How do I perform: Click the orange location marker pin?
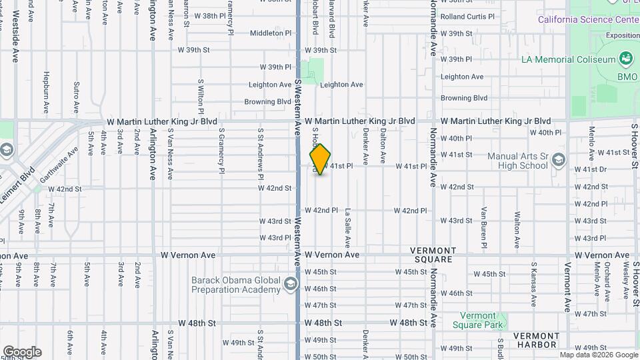click(x=321, y=159)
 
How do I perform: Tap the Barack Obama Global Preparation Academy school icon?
click(x=290, y=285)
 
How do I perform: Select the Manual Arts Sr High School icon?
click(x=559, y=161)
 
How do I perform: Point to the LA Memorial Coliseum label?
click(x=569, y=60)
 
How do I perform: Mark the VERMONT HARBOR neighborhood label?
click(x=537, y=340)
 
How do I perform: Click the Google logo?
click(x=22, y=352)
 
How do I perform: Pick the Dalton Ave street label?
click(x=383, y=146)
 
